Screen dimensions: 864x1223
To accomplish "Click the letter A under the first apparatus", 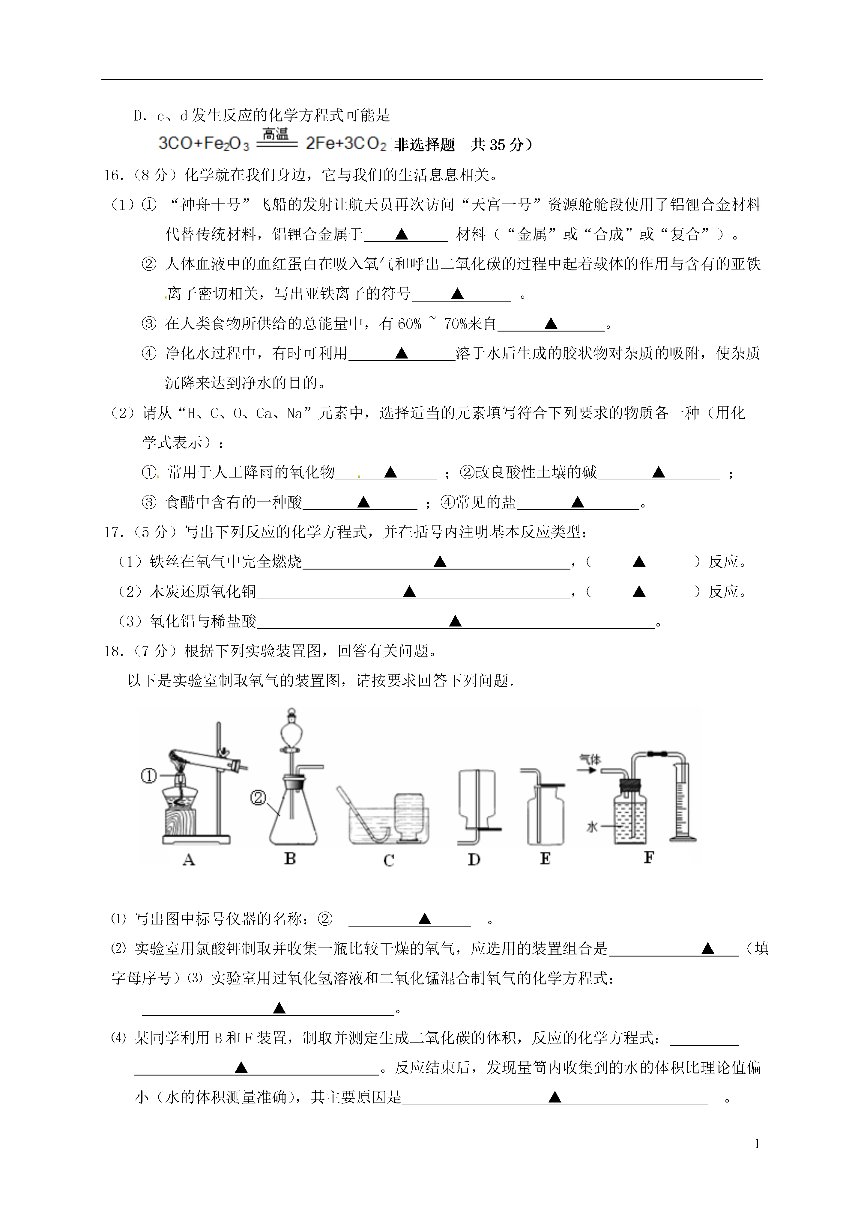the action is click(x=189, y=859).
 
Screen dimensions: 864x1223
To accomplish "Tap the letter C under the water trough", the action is click(x=389, y=860).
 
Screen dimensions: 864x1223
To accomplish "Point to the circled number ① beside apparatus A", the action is click(x=149, y=777).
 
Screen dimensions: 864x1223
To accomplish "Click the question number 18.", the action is click(x=114, y=651).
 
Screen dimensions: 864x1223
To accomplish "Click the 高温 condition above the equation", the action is click(x=276, y=134).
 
